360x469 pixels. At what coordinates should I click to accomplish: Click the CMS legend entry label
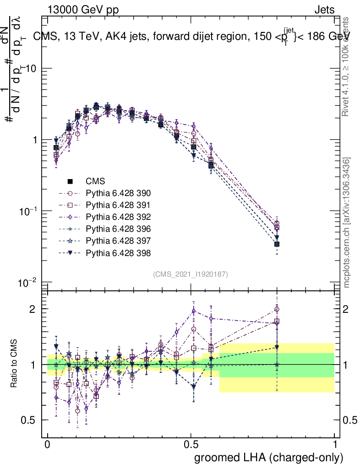(x=95, y=181)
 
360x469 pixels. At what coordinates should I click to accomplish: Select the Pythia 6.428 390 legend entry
(x=118, y=193)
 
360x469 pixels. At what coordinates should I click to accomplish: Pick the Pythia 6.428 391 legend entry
(x=118, y=205)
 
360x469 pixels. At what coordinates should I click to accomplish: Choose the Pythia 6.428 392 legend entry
(x=118, y=217)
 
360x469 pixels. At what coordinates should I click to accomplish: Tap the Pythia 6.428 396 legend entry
(x=118, y=229)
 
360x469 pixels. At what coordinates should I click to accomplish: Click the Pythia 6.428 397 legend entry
(x=118, y=241)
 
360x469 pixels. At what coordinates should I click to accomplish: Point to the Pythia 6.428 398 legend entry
(x=118, y=253)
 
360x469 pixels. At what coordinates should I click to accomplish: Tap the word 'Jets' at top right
(x=324, y=10)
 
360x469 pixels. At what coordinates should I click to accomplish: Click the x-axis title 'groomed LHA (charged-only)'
(x=269, y=457)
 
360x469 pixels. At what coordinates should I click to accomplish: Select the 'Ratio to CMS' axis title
(x=15, y=364)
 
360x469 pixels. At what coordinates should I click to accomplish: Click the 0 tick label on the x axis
(x=48, y=445)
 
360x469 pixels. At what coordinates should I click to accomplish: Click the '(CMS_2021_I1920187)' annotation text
(x=190, y=274)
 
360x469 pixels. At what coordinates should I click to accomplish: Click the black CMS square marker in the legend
(x=71, y=182)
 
